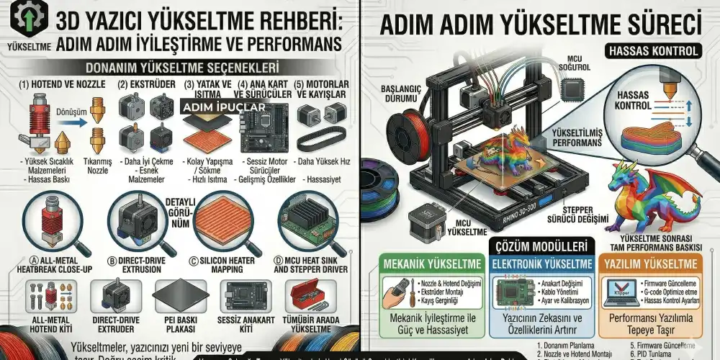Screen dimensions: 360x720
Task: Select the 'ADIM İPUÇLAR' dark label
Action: point(223,107)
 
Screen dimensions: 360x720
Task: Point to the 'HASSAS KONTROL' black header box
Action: point(653,51)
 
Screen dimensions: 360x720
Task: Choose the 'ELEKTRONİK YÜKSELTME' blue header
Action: point(542,264)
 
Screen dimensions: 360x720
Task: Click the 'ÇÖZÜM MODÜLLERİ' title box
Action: point(542,245)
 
